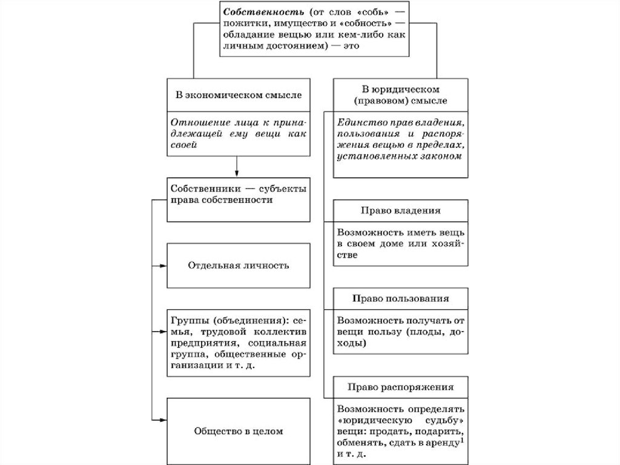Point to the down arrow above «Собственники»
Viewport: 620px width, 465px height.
click(x=237, y=172)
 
